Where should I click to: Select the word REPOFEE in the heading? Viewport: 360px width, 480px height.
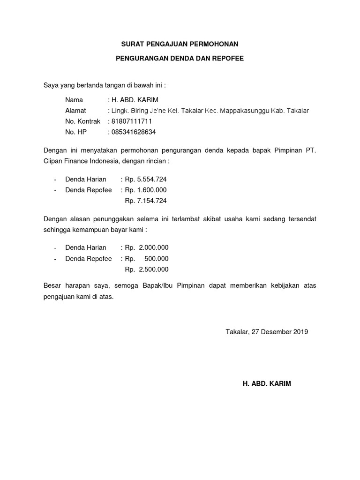pos(227,60)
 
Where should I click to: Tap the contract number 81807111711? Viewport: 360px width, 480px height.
pos(131,121)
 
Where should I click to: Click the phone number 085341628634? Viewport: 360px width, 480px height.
pos(133,132)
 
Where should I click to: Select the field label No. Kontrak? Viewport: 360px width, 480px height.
pos(83,121)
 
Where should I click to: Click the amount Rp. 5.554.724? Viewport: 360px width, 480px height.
pos(145,179)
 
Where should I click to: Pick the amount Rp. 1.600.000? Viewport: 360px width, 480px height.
pos(145,190)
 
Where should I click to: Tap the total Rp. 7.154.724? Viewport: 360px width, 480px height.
pos(145,201)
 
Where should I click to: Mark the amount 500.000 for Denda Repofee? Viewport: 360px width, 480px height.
pos(157,259)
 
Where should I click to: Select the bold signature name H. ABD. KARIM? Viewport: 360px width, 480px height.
pos(267,383)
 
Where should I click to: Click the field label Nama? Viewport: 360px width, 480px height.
pos(74,100)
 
